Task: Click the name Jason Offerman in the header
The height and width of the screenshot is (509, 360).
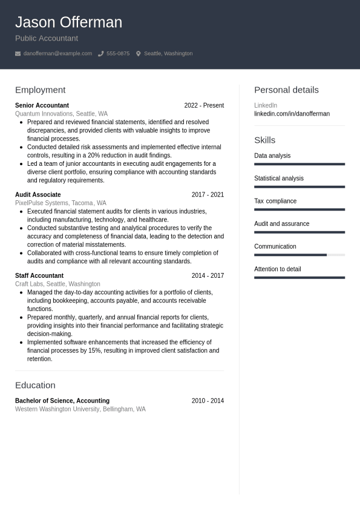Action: pyautogui.click(x=68, y=22)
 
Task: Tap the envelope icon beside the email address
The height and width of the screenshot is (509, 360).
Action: pyautogui.click(x=18, y=54)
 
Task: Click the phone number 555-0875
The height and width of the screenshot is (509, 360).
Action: pyautogui.click(x=118, y=53)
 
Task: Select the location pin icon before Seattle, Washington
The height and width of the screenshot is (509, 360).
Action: pyautogui.click(x=138, y=54)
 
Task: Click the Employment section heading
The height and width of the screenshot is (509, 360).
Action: pyautogui.click(x=40, y=90)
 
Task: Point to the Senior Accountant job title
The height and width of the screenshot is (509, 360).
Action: pyautogui.click(x=42, y=105)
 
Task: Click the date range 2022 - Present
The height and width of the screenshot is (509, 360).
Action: pyautogui.click(x=204, y=105)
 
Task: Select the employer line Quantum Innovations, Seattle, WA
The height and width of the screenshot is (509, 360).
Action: pyautogui.click(x=61, y=114)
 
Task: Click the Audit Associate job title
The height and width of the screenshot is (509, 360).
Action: pyautogui.click(x=38, y=195)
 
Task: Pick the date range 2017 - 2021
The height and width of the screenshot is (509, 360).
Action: pyautogui.click(x=208, y=195)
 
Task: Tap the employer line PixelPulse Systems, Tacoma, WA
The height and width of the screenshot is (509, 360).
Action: pyautogui.click(x=61, y=203)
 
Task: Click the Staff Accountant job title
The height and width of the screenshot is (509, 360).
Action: pyautogui.click(x=39, y=275)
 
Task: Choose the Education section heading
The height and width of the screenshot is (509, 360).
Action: pyautogui.click(x=35, y=385)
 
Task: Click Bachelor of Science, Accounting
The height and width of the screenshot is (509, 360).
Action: pyautogui.click(x=62, y=401)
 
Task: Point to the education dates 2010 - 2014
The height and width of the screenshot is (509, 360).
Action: pyautogui.click(x=208, y=401)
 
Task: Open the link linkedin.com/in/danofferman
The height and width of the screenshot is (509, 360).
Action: pyautogui.click(x=292, y=114)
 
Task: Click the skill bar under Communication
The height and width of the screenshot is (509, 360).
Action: pyautogui.click(x=299, y=255)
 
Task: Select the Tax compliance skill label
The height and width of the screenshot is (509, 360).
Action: pyautogui.click(x=275, y=201)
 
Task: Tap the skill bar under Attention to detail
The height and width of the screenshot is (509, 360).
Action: pyautogui.click(x=299, y=278)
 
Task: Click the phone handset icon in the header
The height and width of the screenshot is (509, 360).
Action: pyautogui.click(x=100, y=54)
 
